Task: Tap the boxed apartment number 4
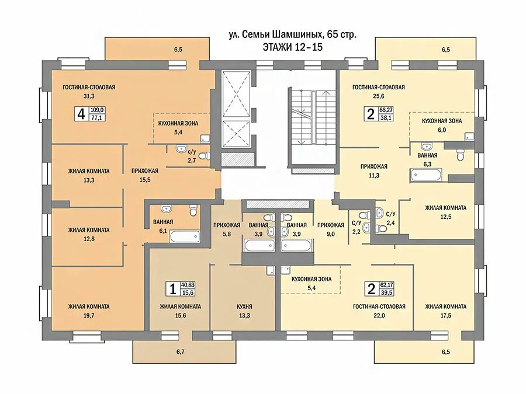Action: coord(79,113)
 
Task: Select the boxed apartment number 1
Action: coord(172,288)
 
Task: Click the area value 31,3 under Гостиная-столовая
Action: coord(89,96)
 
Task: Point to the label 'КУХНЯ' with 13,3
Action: coord(245,306)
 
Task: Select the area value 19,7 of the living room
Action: coord(89,315)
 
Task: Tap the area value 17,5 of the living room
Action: coord(445,315)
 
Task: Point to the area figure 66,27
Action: coord(386,109)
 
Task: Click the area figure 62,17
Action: coord(386,285)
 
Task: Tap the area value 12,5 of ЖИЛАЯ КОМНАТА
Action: coord(445,217)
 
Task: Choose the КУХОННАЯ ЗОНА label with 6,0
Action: coord(442,121)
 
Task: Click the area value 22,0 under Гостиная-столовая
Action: coord(379,315)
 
